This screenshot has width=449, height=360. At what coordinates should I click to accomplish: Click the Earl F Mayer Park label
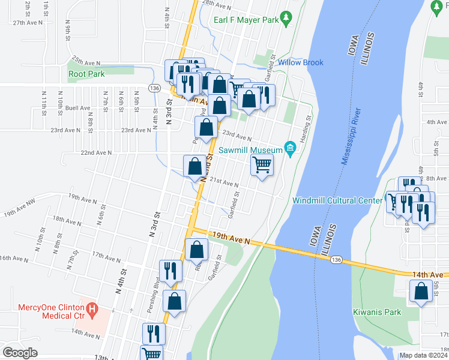(247, 20)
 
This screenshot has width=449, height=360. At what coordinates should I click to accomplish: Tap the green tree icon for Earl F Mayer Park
(287, 19)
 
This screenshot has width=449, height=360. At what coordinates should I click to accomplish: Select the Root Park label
(86, 74)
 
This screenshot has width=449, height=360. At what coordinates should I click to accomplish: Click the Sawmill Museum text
(250, 149)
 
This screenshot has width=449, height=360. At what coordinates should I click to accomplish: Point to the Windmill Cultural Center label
(337, 200)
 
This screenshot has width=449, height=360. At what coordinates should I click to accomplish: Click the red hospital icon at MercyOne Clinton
(92, 310)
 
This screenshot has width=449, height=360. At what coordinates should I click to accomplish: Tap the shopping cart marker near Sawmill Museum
(262, 164)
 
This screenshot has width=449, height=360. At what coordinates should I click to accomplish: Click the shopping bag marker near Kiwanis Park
(421, 292)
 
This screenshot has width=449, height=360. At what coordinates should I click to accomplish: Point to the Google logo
(20, 353)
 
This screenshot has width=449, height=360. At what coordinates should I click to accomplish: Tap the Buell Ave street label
(76, 108)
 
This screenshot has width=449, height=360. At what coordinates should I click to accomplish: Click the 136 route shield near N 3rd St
(155, 88)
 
